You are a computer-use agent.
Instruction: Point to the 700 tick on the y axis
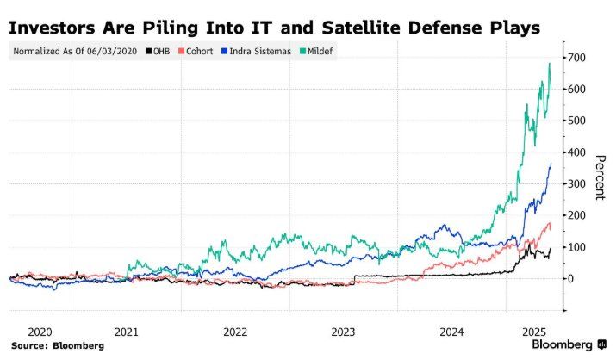click(x=576, y=58)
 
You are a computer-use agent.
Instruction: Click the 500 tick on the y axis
click(x=576, y=121)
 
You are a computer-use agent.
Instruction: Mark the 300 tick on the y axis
click(x=576, y=183)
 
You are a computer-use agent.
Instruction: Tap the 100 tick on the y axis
click(x=576, y=247)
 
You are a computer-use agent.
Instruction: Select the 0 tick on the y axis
click(x=570, y=279)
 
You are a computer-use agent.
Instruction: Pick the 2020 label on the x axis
click(x=40, y=331)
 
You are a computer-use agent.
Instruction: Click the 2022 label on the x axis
click(x=235, y=331)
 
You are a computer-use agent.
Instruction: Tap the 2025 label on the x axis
click(x=536, y=331)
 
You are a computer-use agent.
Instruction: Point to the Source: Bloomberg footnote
click(x=57, y=345)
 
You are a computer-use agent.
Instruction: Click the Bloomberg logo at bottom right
click(x=563, y=344)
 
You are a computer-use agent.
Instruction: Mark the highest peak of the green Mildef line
click(x=550, y=63)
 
